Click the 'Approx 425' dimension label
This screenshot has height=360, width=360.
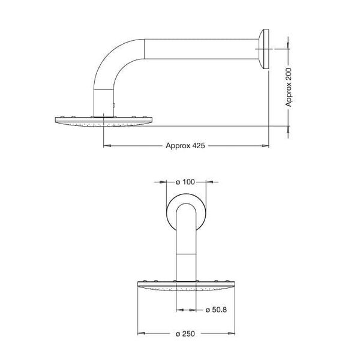[185, 145]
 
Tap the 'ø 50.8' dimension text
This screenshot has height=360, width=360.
[215, 310]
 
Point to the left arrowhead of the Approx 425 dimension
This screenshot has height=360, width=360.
[106, 145]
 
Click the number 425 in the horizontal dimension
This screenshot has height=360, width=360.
[198, 145]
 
